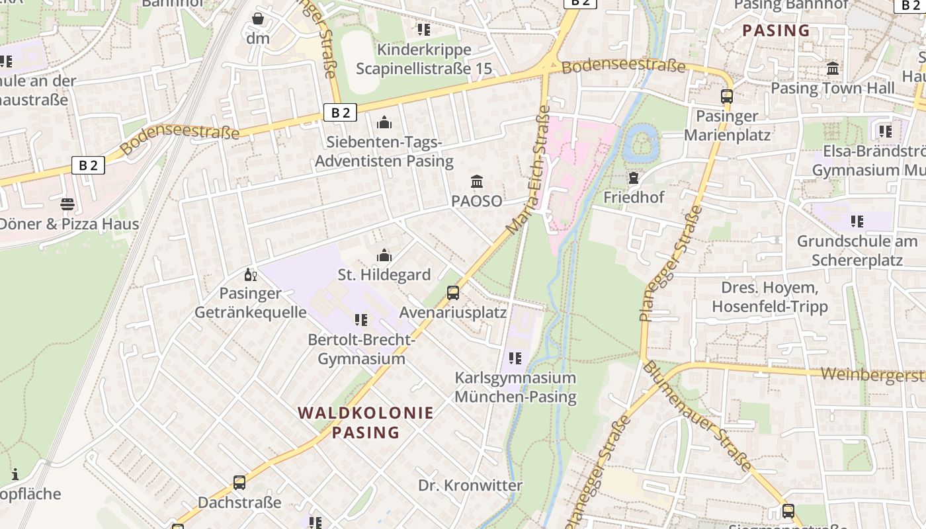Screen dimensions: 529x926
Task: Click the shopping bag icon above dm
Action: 258,19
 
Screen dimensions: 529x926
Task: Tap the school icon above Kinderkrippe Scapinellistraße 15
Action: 424,30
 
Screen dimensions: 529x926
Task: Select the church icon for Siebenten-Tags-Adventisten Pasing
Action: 384,122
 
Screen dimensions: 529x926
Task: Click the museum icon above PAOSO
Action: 477,181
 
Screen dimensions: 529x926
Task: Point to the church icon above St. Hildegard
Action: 384,255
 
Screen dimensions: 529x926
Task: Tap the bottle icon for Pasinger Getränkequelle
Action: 251,274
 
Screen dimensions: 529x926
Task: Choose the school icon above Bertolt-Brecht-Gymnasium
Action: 360,320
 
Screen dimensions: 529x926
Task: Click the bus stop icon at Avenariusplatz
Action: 453,292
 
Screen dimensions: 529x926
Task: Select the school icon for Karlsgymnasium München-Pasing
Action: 515,358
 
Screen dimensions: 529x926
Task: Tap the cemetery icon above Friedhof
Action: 634,178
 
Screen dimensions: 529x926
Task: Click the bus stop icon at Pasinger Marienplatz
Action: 727,97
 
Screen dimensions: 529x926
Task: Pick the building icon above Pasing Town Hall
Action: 833,69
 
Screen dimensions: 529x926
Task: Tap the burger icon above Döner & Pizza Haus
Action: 67,204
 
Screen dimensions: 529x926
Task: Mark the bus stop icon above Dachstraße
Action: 239,483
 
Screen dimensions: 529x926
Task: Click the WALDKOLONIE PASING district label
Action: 365,423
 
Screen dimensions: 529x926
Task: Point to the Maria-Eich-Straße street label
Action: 527,170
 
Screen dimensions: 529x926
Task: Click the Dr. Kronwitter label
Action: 470,485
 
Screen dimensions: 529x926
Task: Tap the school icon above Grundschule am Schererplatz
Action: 857,221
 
